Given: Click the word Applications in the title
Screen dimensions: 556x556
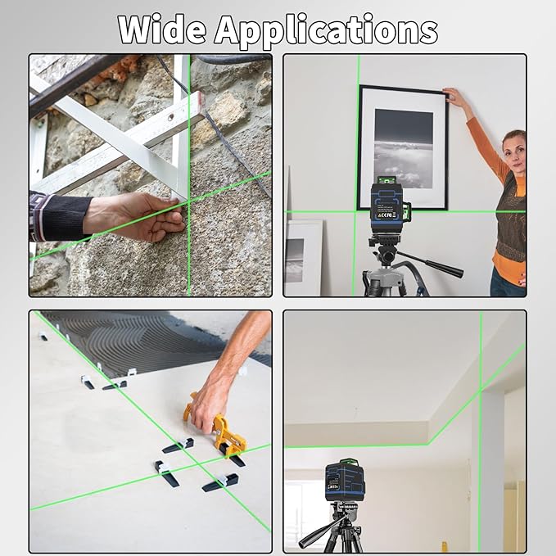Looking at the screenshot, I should click(326, 30).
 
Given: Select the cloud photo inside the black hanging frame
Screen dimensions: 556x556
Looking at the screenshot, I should click(402, 147).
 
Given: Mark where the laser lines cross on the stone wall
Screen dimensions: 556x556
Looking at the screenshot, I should click(189, 200).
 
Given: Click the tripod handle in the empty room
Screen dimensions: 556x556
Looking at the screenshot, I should click(315, 536).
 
